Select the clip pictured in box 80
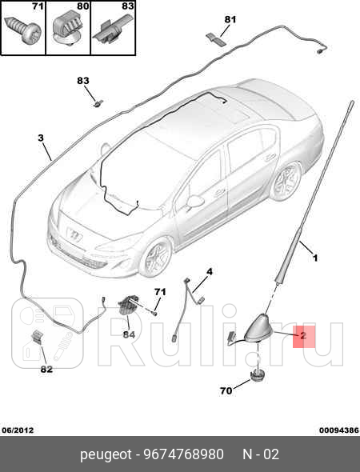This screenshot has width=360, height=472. tap(68, 30)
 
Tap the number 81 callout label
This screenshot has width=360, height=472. tap(230, 19)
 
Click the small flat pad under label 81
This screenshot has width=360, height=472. tap(216, 40)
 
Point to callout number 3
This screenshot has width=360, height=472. tap(41, 138)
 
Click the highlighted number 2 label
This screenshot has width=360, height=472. tap(303, 335)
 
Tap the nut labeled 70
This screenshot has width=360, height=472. tap(258, 375)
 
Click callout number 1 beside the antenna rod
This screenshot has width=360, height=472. tap(315, 258)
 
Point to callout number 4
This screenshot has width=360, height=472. tap(209, 272)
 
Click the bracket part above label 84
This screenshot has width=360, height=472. tap(129, 305)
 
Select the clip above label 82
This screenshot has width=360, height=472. tap(38, 337)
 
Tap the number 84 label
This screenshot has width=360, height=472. tap(129, 334)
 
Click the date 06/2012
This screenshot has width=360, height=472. tap(18, 430)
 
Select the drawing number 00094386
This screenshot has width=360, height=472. tap(339, 430)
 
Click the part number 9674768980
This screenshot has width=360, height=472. tap(184, 454)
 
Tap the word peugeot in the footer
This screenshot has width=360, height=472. tap(106, 455)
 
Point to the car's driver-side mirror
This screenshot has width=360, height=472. tap(194, 202)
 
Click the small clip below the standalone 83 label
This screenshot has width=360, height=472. tap(98, 103)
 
